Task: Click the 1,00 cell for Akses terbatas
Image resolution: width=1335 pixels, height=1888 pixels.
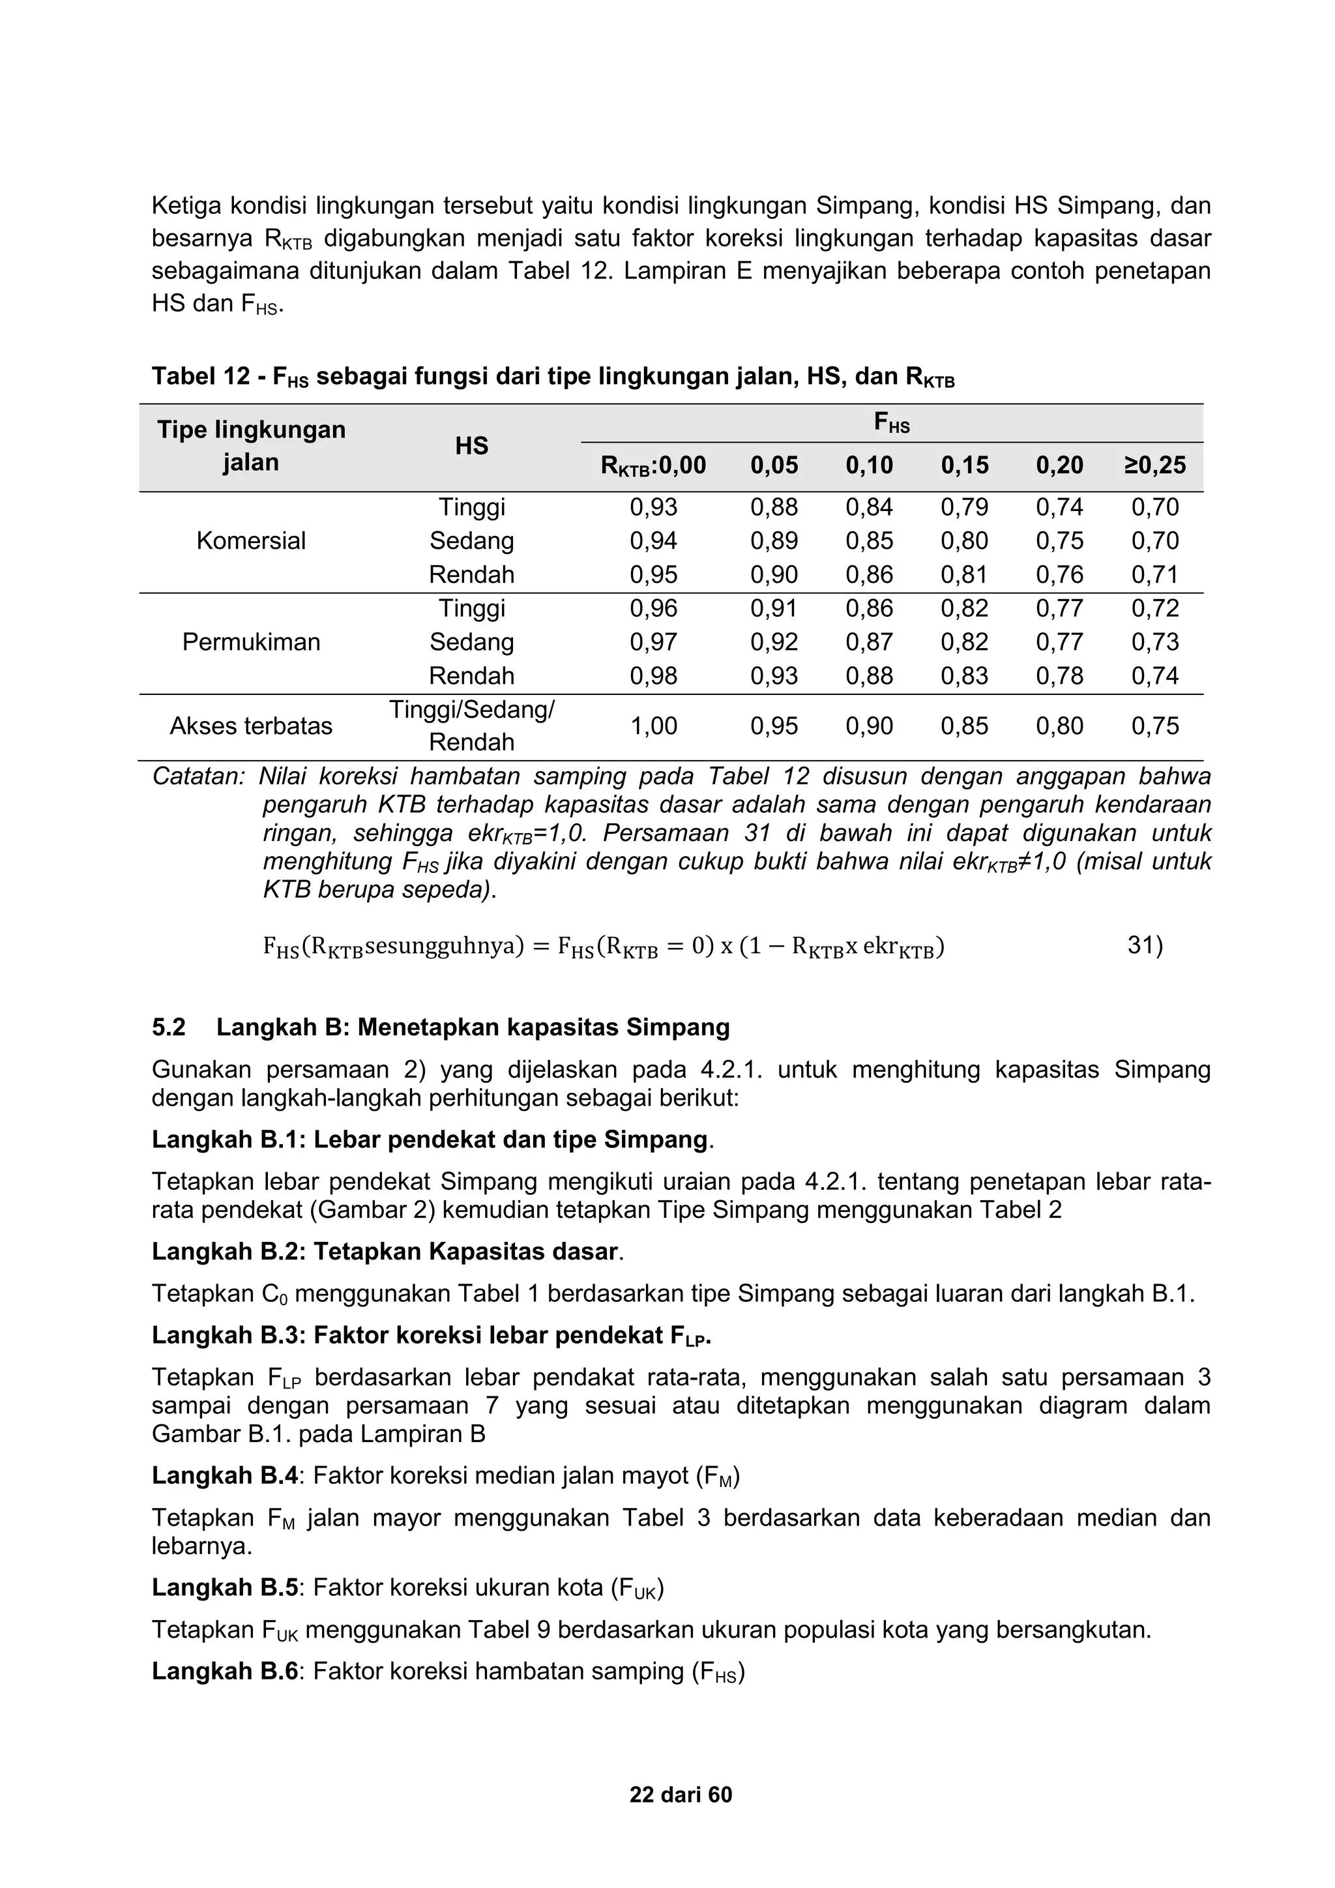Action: (654, 726)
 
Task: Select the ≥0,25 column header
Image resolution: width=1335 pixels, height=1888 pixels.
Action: (1155, 465)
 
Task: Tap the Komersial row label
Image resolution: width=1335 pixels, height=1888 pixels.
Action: (251, 541)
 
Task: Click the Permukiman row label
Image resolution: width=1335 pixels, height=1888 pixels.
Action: (251, 642)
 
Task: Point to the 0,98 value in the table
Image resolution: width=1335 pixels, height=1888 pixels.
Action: (654, 676)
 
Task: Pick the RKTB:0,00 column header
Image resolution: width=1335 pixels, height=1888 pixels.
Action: (654, 465)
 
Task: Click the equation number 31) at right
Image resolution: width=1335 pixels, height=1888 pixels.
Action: (1144, 947)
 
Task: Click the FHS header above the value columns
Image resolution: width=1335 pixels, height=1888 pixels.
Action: (891, 424)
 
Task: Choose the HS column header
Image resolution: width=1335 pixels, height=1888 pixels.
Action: (471, 447)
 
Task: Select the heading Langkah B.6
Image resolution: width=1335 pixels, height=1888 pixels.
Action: (224, 1671)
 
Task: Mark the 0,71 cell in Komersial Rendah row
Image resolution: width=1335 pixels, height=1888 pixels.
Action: (1155, 575)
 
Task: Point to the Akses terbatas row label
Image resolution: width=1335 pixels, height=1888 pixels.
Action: (251, 726)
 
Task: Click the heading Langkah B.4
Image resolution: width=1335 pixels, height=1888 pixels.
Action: (224, 1475)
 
